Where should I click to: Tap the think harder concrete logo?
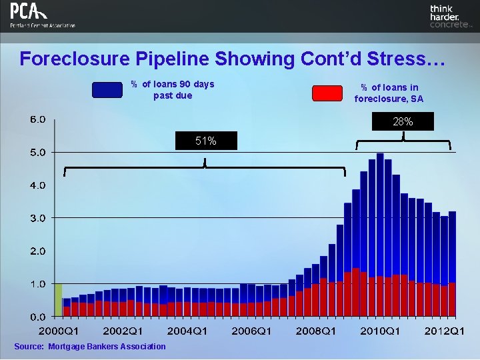[x=449, y=17]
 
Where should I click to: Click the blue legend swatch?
[x=107, y=90]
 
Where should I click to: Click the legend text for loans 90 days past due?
[x=173, y=90]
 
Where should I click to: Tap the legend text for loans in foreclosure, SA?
[x=389, y=93]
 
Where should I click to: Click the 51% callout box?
[x=205, y=141]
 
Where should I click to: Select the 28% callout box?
[x=403, y=121]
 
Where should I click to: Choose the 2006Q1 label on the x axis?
[x=251, y=331]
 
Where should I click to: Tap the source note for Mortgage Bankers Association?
[x=90, y=346]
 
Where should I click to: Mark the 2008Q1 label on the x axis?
[x=315, y=331]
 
